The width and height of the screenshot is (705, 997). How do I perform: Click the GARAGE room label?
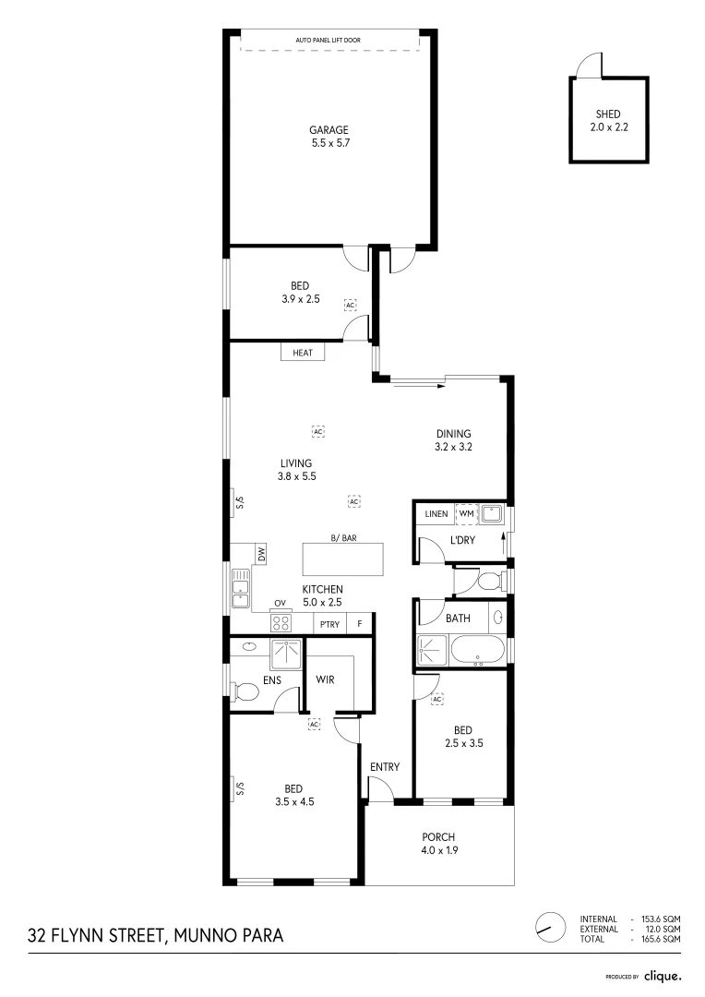[x=329, y=130]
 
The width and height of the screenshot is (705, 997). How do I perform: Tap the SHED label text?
[x=608, y=114]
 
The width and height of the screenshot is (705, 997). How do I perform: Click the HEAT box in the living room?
[x=303, y=353]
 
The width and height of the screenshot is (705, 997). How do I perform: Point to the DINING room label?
[x=454, y=434]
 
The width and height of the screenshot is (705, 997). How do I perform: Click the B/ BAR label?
[x=343, y=536]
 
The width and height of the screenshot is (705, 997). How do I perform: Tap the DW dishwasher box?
[x=262, y=555]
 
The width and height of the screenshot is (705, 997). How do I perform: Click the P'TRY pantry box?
[x=329, y=625]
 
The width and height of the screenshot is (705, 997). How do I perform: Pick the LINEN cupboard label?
[x=436, y=513]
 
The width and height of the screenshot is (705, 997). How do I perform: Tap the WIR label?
[x=325, y=680]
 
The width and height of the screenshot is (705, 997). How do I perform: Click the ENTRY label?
[x=385, y=767]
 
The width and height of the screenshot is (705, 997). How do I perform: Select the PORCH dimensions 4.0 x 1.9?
[x=439, y=850]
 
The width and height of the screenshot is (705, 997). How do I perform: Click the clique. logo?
[x=663, y=975]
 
